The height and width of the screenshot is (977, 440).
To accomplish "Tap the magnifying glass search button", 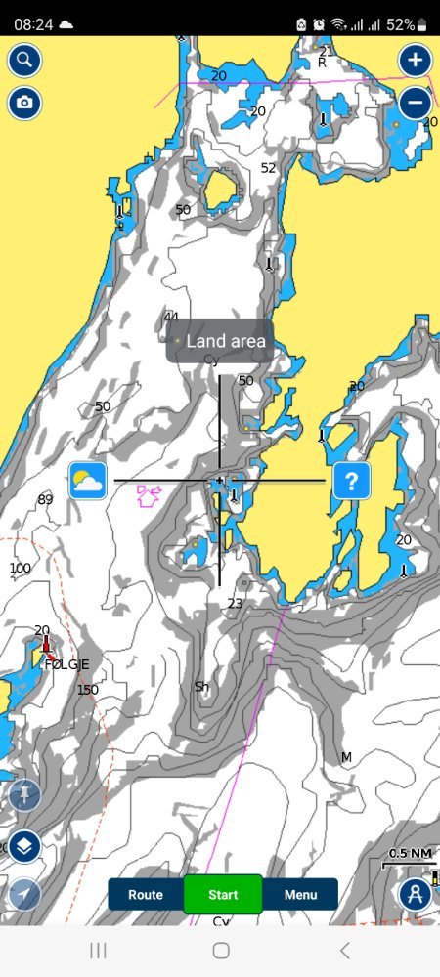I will click(24, 61).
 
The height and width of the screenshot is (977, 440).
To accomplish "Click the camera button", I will click(24, 103).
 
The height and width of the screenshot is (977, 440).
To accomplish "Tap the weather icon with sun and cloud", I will click(87, 481).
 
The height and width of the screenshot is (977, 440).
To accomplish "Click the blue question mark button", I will click(352, 481).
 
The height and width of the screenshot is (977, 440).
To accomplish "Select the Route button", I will click(146, 894).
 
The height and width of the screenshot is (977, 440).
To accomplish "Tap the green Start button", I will click(223, 894).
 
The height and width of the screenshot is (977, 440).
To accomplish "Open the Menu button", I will click(300, 894).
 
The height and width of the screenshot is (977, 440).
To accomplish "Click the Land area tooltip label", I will click(220, 341).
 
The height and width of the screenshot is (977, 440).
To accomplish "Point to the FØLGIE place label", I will click(66, 664).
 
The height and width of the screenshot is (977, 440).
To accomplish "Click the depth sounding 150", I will click(88, 690).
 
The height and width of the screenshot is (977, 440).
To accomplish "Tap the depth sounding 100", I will click(21, 568).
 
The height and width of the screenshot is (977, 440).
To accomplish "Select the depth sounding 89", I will click(45, 499).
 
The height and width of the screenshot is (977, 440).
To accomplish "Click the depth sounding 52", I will click(268, 168).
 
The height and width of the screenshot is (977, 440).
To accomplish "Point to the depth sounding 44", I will click(171, 316).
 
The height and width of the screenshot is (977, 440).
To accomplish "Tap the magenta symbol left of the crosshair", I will click(148, 495).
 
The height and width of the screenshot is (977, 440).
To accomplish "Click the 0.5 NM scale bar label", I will click(409, 853).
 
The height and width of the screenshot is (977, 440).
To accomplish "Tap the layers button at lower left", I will click(24, 845).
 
